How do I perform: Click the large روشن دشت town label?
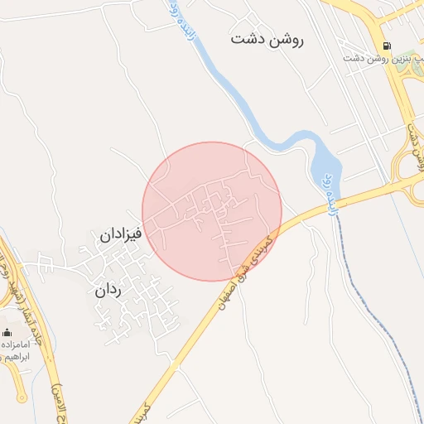click(x=267, y=39)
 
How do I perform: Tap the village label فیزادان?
click(x=122, y=234)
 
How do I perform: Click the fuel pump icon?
click(x=388, y=46)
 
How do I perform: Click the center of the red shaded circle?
click(x=212, y=212)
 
